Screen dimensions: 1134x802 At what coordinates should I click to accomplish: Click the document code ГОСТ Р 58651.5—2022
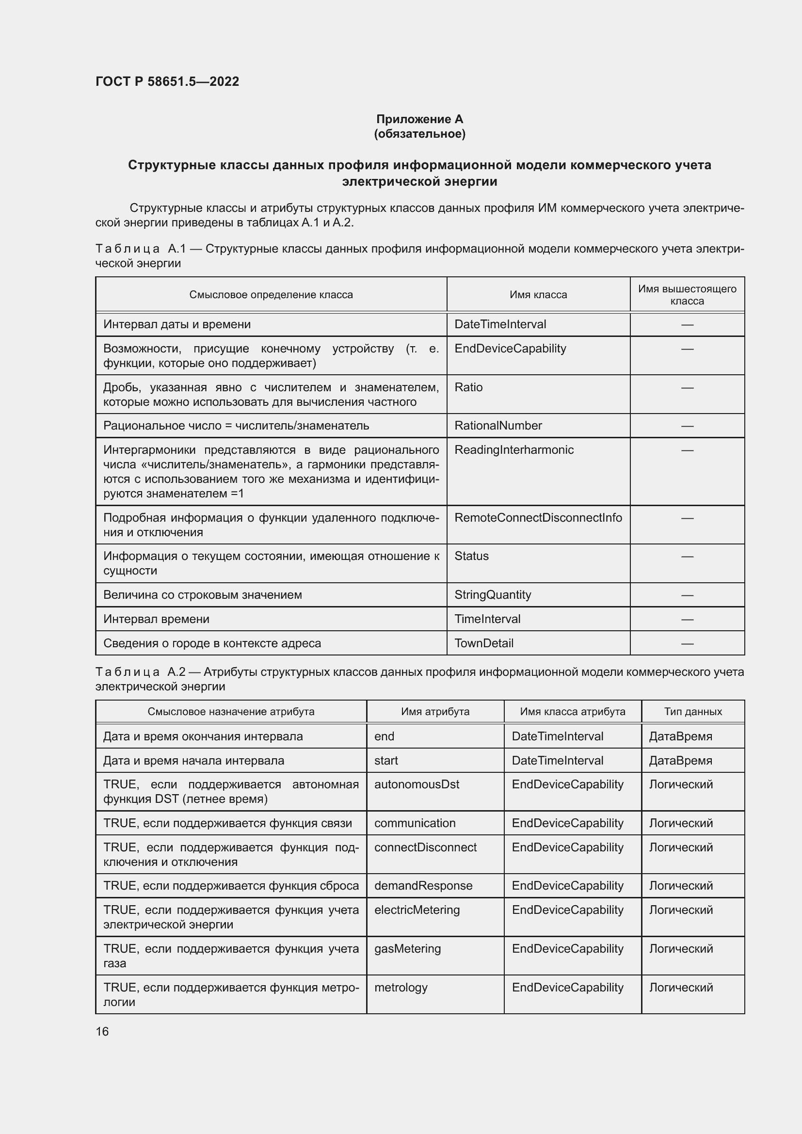tap(167, 81)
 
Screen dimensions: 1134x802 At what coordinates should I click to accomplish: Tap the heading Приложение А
tap(419, 119)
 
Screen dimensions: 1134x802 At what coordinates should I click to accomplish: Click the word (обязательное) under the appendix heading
tap(419, 134)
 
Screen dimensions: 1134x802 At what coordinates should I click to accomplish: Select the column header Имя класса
tap(538, 295)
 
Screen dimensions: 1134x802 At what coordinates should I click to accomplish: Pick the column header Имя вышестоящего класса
tap(687, 295)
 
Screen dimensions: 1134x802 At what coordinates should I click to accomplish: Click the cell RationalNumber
tap(498, 426)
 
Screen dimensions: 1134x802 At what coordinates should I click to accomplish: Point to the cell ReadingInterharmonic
tap(513, 450)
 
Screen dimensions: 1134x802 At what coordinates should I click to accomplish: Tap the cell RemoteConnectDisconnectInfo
tap(538, 518)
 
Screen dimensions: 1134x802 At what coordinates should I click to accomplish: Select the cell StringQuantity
tap(492, 595)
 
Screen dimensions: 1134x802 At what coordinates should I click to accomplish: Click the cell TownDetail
tap(483, 643)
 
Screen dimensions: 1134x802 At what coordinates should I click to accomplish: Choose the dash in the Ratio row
tap(687, 388)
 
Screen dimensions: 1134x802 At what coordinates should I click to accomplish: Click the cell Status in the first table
tap(471, 556)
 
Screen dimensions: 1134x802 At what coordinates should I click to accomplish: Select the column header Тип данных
tap(692, 712)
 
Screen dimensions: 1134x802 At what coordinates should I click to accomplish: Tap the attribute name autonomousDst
tap(417, 784)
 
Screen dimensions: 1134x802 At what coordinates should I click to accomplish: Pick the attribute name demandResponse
tap(423, 886)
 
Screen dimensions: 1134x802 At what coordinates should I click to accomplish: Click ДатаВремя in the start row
tap(680, 761)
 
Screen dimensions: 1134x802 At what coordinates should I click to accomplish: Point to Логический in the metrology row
tap(680, 987)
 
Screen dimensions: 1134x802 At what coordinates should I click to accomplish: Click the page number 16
tap(102, 1031)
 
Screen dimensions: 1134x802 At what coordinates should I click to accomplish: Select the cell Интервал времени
tap(156, 619)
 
